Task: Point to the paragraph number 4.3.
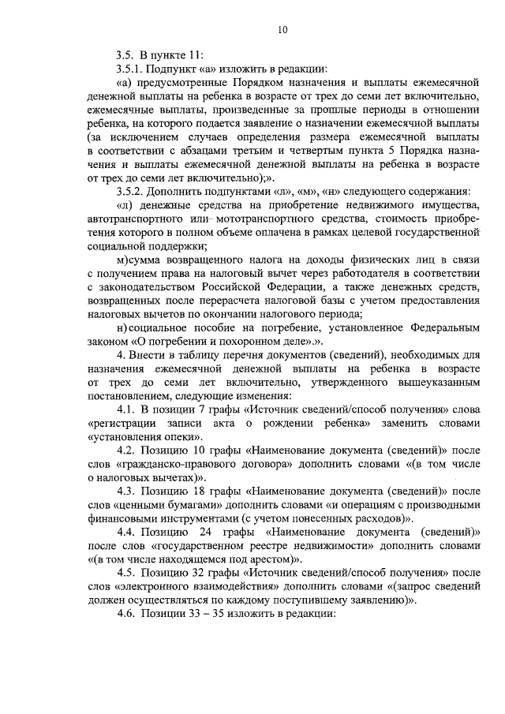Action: (x=126, y=491)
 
